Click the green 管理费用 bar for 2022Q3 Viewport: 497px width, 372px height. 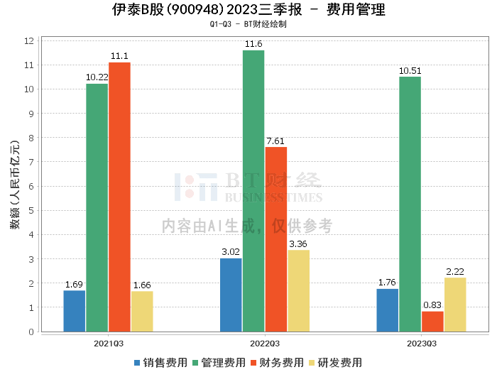point(253,191)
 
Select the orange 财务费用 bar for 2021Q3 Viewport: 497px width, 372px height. point(119,197)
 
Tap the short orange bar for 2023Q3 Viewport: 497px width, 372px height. point(432,322)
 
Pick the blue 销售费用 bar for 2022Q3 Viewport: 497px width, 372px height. point(231,295)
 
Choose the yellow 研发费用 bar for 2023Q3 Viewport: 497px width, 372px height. point(455,305)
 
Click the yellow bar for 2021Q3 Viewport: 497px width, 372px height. point(142,311)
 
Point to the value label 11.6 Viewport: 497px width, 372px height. point(253,44)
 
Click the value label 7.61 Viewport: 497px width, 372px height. point(275,141)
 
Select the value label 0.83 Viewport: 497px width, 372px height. point(432,305)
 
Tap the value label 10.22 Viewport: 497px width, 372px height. point(97,77)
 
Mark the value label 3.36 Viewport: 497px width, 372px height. point(298,244)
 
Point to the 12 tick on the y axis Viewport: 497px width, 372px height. point(29,41)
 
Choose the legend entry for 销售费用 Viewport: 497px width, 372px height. point(161,362)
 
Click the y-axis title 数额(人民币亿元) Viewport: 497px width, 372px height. point(13,187)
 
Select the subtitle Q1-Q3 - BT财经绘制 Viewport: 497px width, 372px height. point(248,24)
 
